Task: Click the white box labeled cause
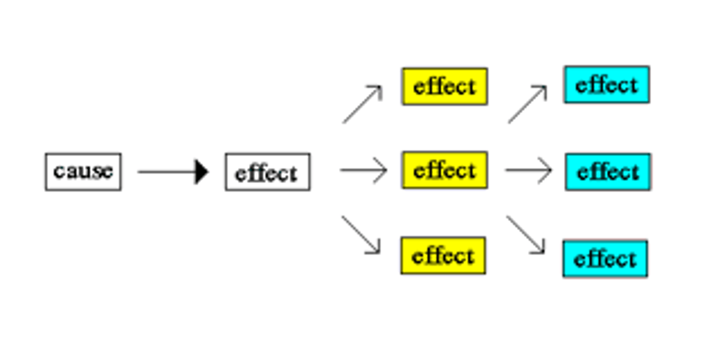pos(83,171)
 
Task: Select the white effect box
pos(267,172)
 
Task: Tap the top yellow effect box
pos(444,86)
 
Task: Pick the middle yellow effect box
pos(444,170)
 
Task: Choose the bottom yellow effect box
pos(443,255)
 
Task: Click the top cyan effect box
pos(606,84)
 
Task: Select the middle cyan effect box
pos(607,172)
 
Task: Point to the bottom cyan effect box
pos(605,258)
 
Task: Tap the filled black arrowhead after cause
pos(201,171)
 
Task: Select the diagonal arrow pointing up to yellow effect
pos(362,104)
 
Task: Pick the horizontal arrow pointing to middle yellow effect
pos(363,170)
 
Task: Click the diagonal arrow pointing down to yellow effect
pos(361,234)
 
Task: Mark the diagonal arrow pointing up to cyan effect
pos(527,104)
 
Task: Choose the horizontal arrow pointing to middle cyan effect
pos(528,170)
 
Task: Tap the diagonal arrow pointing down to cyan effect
pos(525,234)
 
